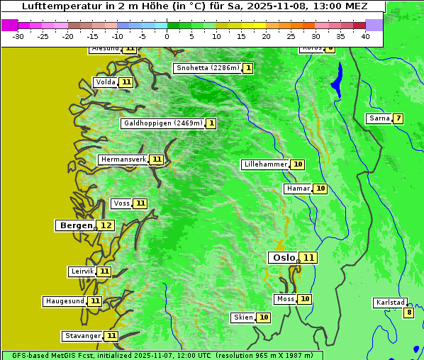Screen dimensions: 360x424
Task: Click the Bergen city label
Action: [x=76, y=225]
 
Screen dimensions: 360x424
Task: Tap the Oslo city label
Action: [x=283, y=258]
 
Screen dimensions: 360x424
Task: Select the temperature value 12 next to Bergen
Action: [x=106, y=225]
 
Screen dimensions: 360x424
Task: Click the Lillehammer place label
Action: [x=265, y=164]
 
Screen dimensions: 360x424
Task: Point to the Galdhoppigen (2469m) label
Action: [x=163, y=123]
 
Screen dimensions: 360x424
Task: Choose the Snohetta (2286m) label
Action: [x=207, y=68]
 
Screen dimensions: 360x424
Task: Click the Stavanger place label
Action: [x=82, y=336]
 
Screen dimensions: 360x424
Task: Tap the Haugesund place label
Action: [x=65, y=301]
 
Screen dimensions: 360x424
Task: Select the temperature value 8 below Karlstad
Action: [x=408, y=313]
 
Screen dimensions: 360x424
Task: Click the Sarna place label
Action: [x=379, y=118]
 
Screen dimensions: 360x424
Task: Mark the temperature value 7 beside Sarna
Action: [x=398, y=118]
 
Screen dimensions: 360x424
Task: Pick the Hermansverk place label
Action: [x=123, y=159]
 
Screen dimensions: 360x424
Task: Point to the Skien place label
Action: [x=243, y=317]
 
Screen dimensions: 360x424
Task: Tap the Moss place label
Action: [x=286, y=299]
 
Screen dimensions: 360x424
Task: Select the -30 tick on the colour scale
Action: [x=18, y=35]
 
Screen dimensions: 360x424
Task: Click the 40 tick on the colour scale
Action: [x=365, y=35]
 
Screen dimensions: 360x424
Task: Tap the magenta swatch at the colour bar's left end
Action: [x=9, y=25]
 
